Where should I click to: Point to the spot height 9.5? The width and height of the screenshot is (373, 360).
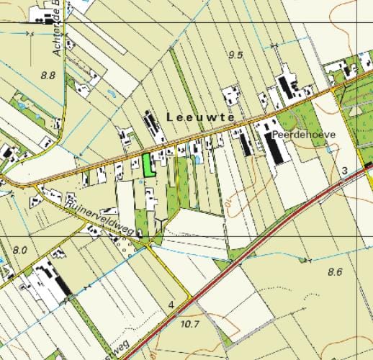tap(235, 55)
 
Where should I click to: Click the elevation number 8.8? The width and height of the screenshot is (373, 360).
tap(48, 75)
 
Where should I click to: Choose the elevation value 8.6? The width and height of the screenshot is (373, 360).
tap(335, 271)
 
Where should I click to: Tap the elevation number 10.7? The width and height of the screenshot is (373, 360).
tap(189, 324)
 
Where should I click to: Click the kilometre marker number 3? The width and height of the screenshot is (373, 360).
tap(345, 171)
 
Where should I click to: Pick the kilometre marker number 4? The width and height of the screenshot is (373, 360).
tap(171, 306)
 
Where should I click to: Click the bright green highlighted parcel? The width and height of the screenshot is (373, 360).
tap(148, 166)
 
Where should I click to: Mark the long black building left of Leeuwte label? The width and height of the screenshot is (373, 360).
tap(153, 126)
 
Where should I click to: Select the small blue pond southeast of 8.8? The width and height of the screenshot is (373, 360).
tap(109, 94)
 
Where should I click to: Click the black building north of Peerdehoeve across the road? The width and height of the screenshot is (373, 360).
tap(287, 87)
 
